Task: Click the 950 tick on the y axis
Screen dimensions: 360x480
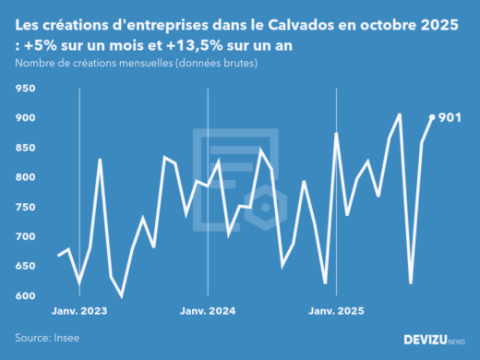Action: pyautogui.click(x=24, y=89)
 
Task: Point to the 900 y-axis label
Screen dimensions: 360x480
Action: pyautogui.click(x=24, y=118)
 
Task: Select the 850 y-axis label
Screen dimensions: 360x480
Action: pyautogui.click(x=24, y=148)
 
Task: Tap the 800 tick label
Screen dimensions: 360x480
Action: pyautogui.click(x=24, y=177)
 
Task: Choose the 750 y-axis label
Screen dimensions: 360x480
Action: pyautogui.click(x=24, y=207)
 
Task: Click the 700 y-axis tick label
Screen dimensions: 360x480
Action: pyautogui.click(x=24, y=236)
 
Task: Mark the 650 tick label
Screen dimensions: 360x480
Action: pyautogui.click(x=24, y=266)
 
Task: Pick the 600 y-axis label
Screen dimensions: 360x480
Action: pyautogui.click(x=24, y=295)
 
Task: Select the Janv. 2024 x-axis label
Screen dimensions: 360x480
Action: pyautogui.click(x=208, y=311)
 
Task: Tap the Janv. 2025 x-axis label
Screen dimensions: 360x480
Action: pyautogui.click(x=335, y=311)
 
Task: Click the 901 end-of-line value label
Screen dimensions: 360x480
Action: pyautogui.click(x=450, y=117)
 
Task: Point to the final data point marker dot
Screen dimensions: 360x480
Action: pyautogui.click(x=433, y=117)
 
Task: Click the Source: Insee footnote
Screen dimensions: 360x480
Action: pyautogui.click(x=47, y=338)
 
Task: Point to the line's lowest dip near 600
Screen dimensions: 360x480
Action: pyautogui.click(x=122, y=295)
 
